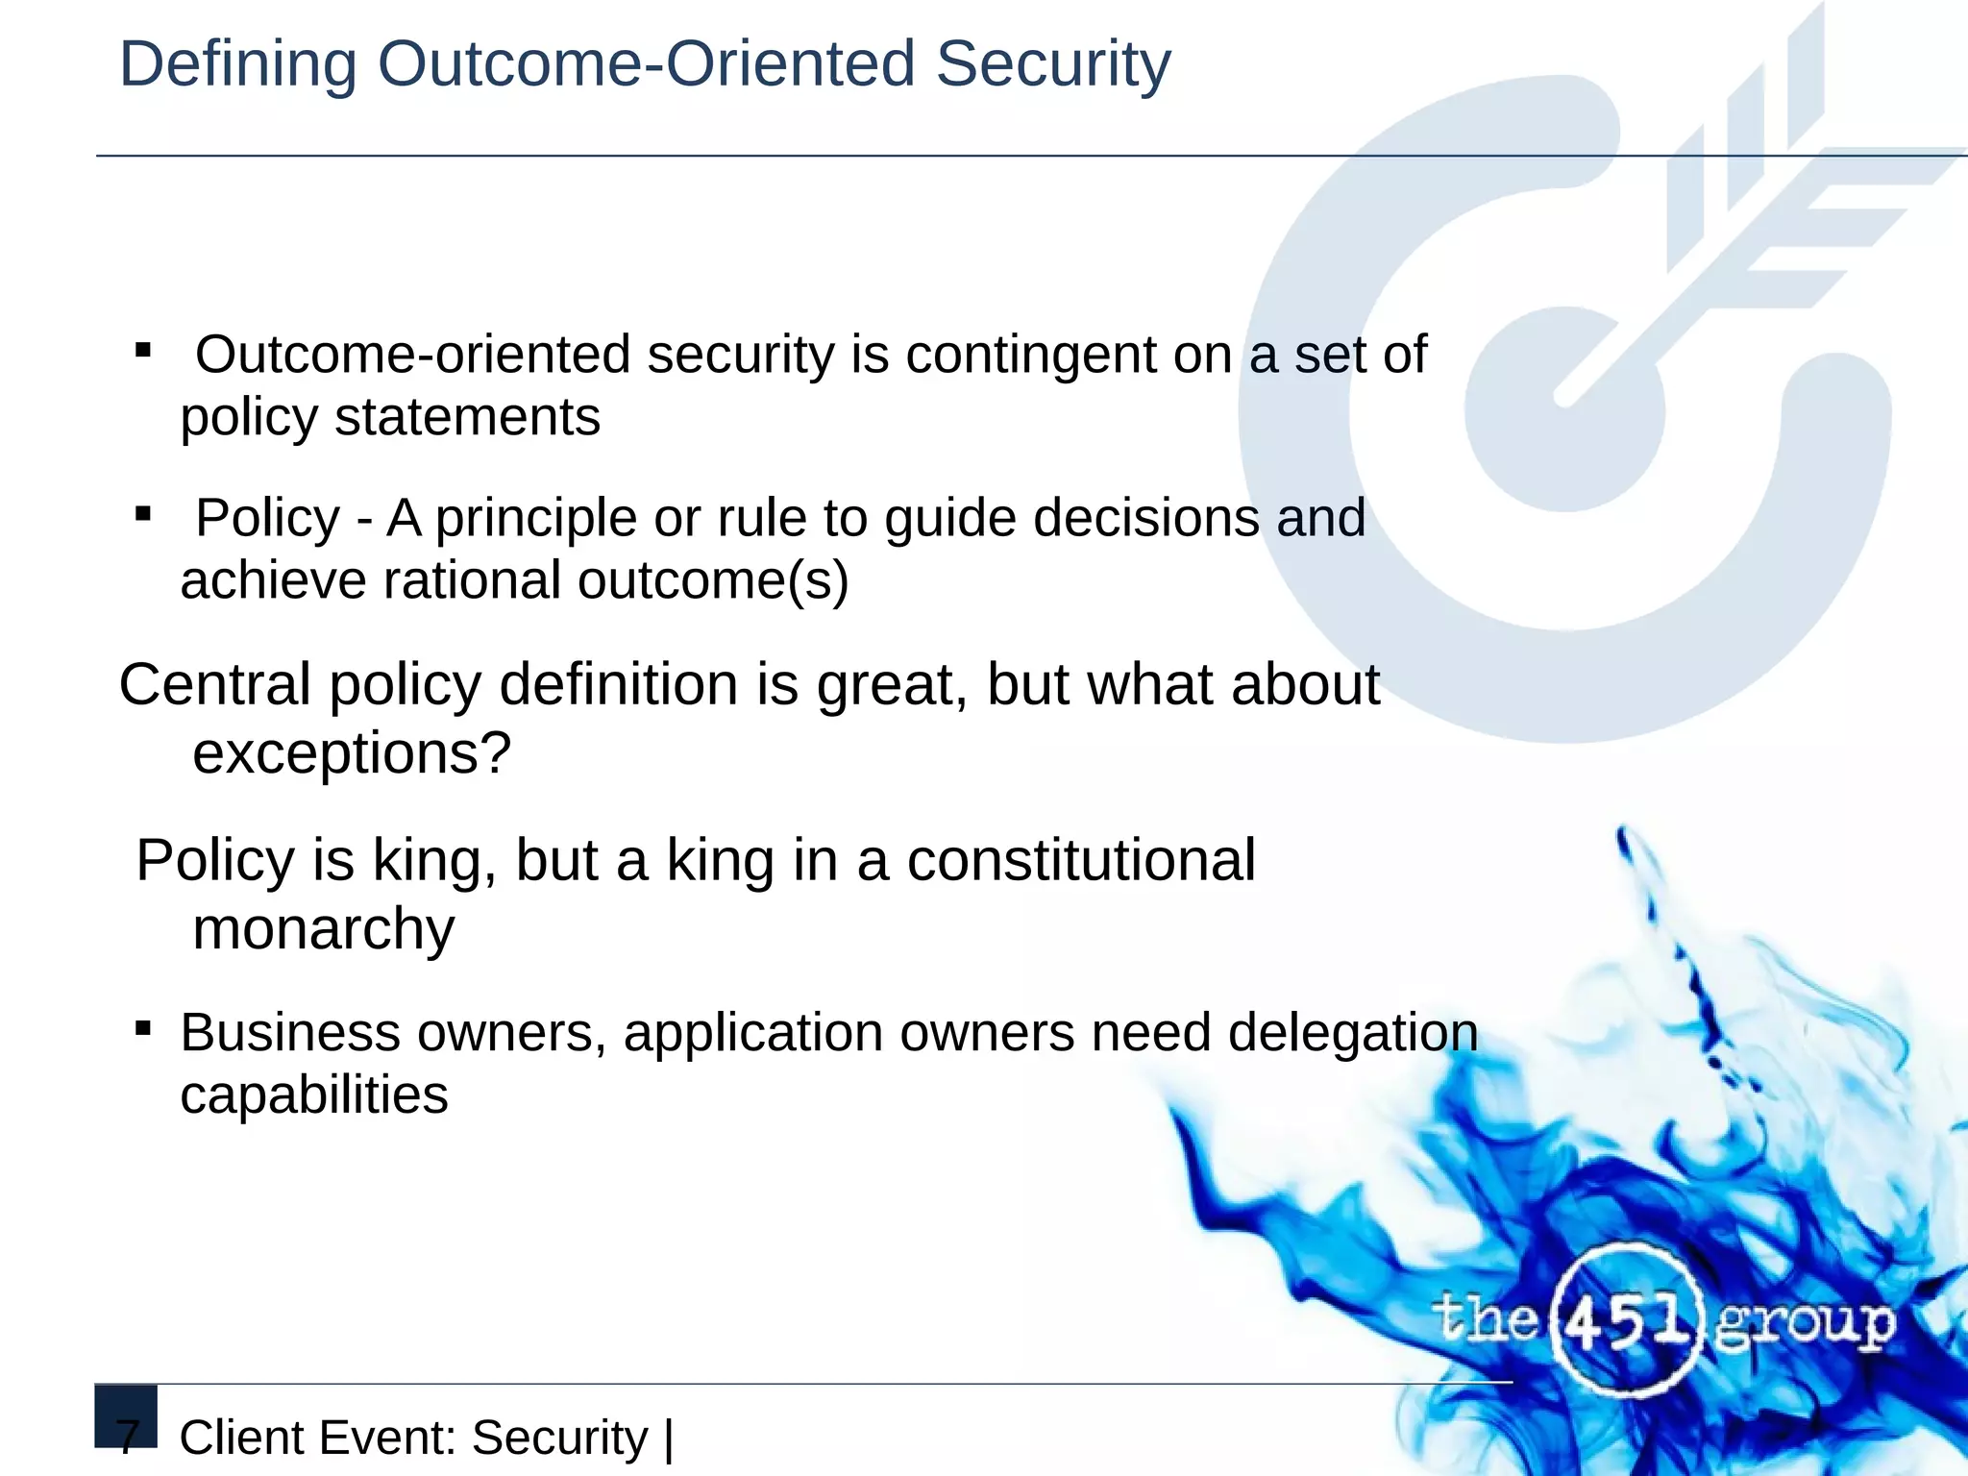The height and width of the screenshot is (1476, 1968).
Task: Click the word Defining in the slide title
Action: (x=237, y=65)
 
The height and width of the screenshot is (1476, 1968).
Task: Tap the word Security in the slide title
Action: (x=1053, y=65)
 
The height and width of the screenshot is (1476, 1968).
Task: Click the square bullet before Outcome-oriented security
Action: (x=143, y=351)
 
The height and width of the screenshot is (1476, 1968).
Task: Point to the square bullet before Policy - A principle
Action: (x=143, y=514)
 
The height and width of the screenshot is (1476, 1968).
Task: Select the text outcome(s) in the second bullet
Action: (x=713, y=580)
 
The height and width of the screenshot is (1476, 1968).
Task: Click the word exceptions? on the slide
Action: (x=352, y=752)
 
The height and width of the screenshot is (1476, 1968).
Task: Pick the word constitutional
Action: (x=1081, y=860)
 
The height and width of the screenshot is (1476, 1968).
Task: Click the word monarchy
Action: (x=324, y=929)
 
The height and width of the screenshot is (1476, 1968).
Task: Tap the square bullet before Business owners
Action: (x=143, y=1029)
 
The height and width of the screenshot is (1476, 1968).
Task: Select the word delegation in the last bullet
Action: (x=1353, y=1033)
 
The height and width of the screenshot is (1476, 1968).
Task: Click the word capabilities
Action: (x=314, y=1095)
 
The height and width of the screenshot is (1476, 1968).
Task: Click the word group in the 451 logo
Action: (x=1805, y=1324)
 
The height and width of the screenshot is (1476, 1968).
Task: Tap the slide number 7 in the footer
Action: (x=128, y=1438)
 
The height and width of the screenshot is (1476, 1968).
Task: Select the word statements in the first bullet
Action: (x=467, y=418)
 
